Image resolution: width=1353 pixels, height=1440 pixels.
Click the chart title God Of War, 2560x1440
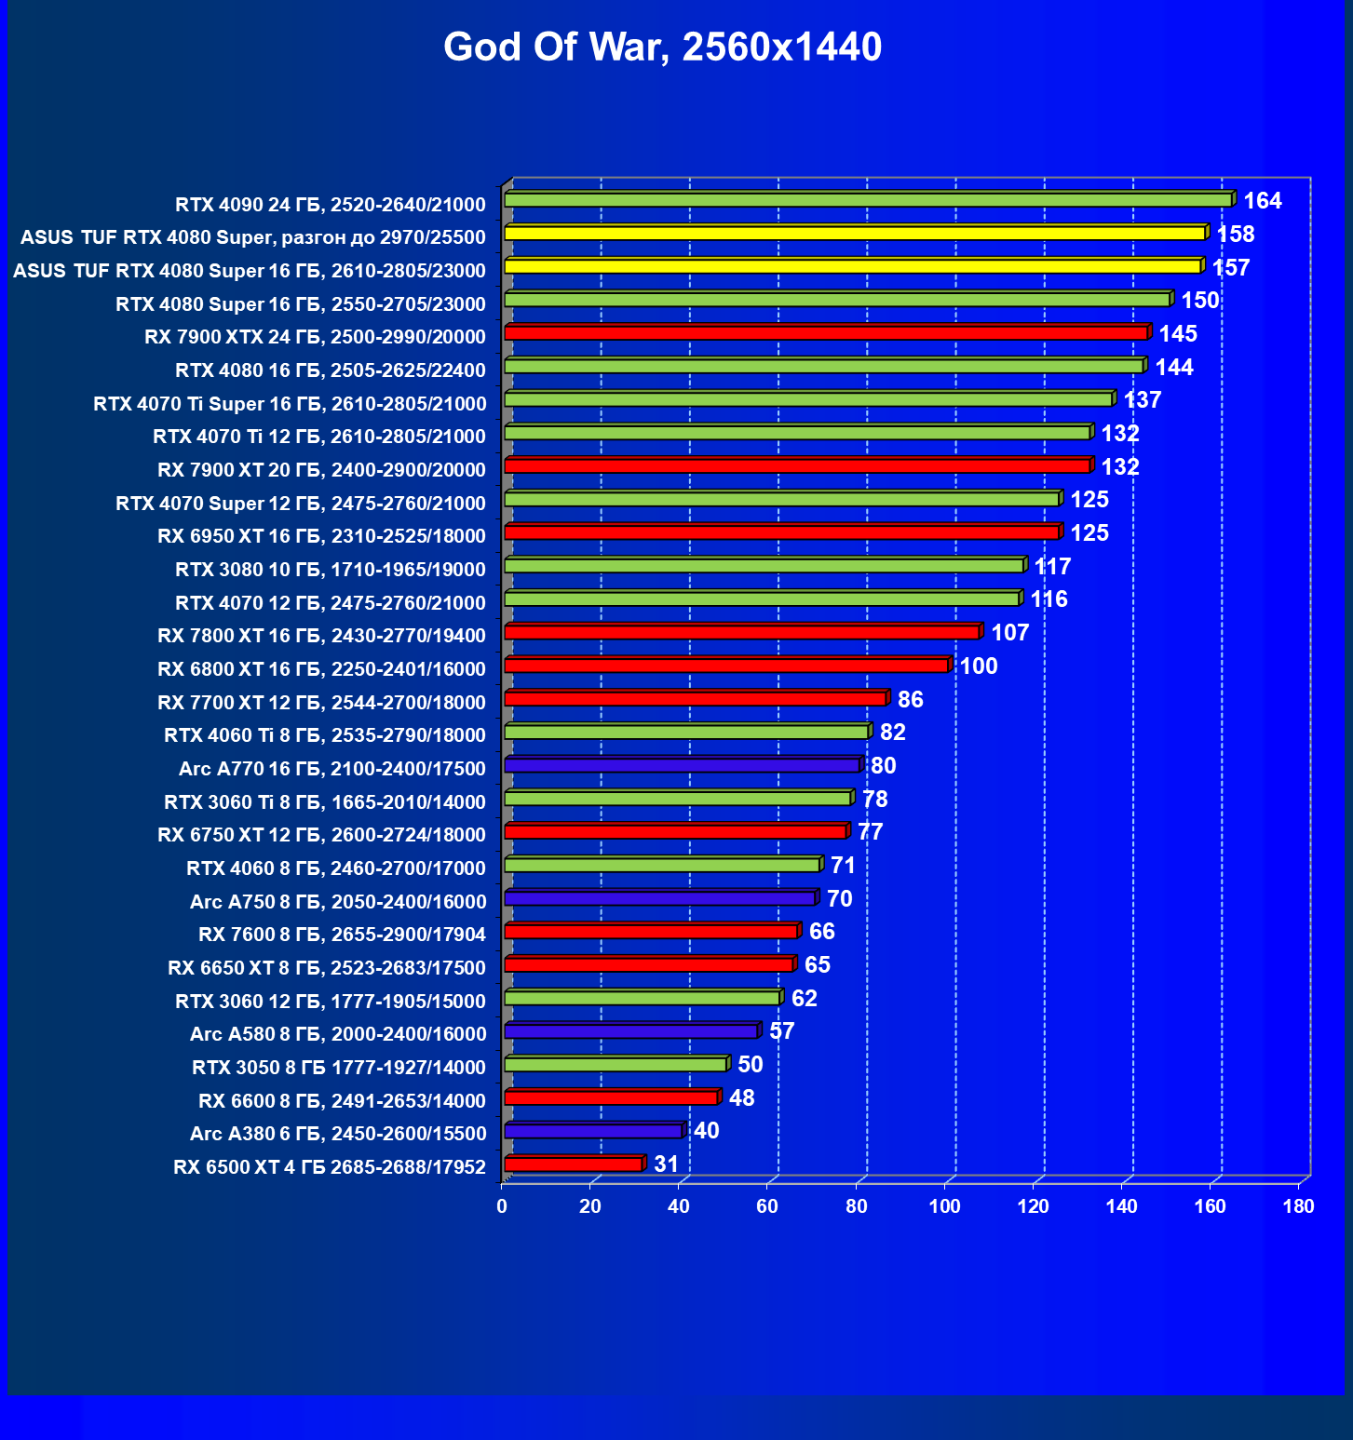tap(662, 47)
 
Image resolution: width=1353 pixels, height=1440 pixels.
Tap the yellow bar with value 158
tap(855, 234)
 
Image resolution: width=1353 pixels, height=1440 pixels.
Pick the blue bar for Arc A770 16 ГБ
tap(683, 765)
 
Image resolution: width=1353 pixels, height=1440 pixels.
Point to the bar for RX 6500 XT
tap(574, 1164)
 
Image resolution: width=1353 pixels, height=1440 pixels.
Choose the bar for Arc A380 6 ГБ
tap(594, 1131)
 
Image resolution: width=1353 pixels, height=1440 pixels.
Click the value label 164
tap(1263, 201)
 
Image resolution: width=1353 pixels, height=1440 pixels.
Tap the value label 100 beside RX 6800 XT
tap(979, 666)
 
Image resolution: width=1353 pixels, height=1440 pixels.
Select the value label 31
tap(666, 1164)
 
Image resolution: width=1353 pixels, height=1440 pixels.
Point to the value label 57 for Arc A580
tap(781, 1031)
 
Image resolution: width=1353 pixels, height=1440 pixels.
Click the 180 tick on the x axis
tap(1298, 1207)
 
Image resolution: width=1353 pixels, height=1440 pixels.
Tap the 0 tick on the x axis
tap(502, 1207)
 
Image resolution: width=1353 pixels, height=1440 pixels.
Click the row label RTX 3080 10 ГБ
tap(331, 570)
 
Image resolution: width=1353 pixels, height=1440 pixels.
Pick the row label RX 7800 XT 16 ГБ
tap(321, 636)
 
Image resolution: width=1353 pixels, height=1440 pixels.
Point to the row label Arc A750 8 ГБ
tap(338, 902)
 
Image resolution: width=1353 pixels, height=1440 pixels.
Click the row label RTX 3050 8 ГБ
tap(339, 1068)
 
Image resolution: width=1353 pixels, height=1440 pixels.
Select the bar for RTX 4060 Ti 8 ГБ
tap(686, 733)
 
